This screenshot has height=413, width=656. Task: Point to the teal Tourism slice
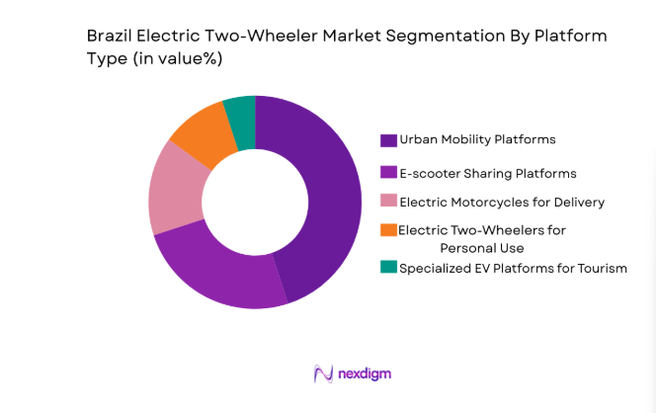(240, 114)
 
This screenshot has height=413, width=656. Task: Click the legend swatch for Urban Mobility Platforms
(388, 139)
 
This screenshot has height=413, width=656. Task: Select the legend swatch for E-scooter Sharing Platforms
(388, 172)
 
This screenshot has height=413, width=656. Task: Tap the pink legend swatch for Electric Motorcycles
(388, 202)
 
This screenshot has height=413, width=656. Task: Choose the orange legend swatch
(388, 230)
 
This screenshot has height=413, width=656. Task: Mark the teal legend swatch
(388, 267)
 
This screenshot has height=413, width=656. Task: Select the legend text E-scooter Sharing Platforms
(487, 173)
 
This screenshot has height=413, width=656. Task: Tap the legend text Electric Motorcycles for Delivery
(502, 203)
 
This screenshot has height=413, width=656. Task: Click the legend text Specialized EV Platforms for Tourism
(513, 268)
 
